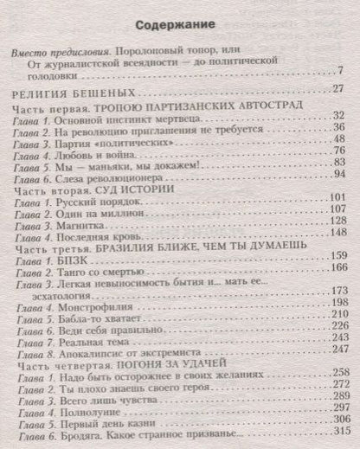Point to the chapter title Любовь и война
pyautogui.click(x=92, y=151)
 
